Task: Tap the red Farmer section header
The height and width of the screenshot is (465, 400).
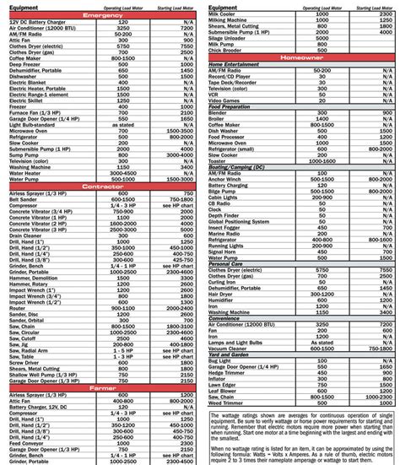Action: tap(100, 387)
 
